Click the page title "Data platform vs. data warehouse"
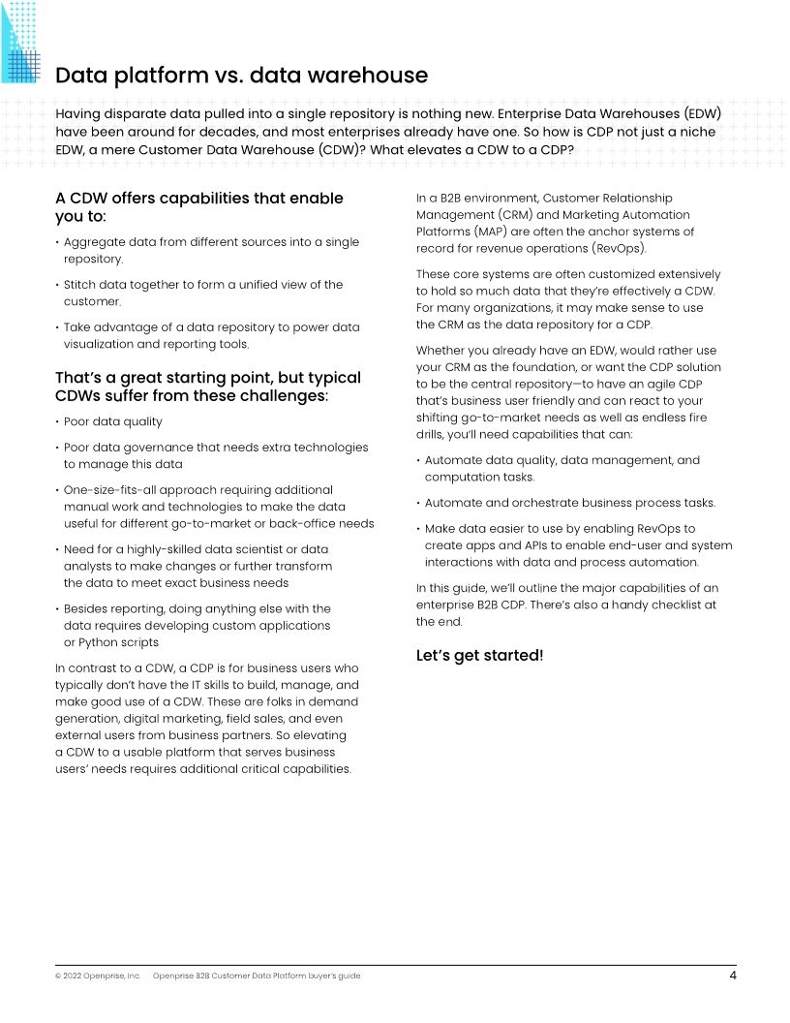(x=241, y=76)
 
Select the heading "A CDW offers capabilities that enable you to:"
(x=198, y=207)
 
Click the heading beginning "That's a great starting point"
(x=207, y=387)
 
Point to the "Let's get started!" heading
(x=479, y=656)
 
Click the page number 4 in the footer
(x=733, y=976)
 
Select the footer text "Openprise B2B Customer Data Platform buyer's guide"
(x=257, y=976)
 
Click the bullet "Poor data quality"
(x=112, y=422)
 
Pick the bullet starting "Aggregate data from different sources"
(x=210, y=251)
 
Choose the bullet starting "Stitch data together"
(x=202, y=294)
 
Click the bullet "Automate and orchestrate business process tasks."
(x=569, y=503)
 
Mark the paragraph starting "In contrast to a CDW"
(x=206, y=719)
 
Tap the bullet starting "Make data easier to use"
(x=577, y=545)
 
